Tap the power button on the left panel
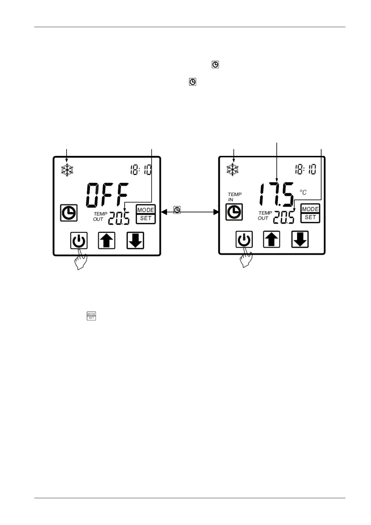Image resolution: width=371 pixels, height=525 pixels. tap(79, 241)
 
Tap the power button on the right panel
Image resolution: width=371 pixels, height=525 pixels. tap(244, 240)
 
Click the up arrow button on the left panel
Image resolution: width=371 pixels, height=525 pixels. tap(107, 241)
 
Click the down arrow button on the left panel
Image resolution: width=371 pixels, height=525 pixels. tap(135, 241)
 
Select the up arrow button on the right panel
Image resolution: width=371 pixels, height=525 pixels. tap(272, 239)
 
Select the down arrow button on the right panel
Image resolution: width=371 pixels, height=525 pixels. tap(300, 239)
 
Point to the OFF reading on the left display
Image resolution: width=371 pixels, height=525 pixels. tap(107, 195)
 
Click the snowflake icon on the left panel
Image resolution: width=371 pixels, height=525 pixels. tap(67, 170)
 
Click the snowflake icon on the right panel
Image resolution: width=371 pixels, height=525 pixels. tap(232, 170)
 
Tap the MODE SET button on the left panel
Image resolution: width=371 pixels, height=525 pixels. tap(146, 214)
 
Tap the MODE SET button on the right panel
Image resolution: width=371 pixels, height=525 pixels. tap(310, 213)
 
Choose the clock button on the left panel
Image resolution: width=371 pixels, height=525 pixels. tap(69, 213)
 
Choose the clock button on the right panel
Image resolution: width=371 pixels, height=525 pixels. tap(234, 212)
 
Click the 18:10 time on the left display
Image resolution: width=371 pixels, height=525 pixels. tap(141, 170)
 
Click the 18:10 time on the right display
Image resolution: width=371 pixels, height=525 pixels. tap(306, 169)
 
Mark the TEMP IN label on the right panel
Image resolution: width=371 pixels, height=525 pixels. tap(234, 197)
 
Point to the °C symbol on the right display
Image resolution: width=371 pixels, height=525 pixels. tap(303, 192)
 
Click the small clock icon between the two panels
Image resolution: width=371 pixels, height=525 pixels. tap(177, 210)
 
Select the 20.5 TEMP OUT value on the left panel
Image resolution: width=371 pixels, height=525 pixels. tap(119, 219)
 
